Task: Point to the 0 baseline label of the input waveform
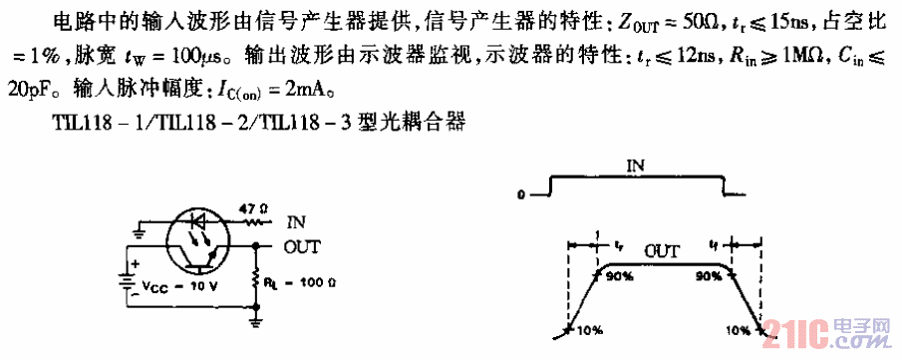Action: pos(520,194)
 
